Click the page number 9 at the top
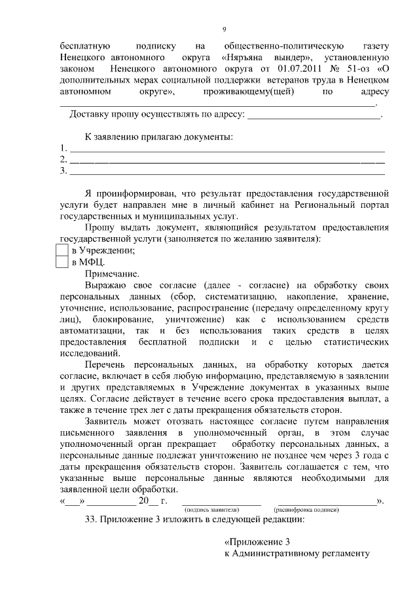point(224,29)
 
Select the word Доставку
point(91,114)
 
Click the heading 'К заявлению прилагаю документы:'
point(159,137)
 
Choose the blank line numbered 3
point(227,172)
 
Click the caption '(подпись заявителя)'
point(212,509)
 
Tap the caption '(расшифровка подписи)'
point(306,509)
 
